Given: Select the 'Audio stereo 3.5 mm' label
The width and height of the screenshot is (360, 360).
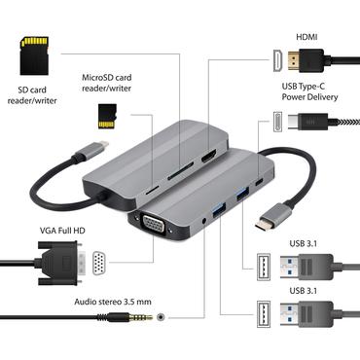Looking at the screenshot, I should (x=116, y=302).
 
